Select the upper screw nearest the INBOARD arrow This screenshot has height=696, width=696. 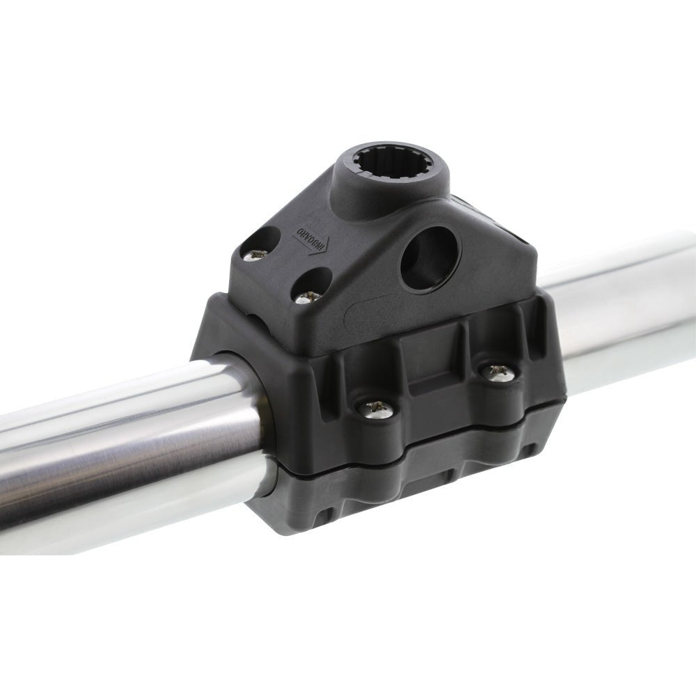coord(256,253)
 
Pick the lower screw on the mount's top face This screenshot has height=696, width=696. coord(306,296)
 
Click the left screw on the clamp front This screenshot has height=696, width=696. coord(376,409)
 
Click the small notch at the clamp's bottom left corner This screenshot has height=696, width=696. coord(322,519)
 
